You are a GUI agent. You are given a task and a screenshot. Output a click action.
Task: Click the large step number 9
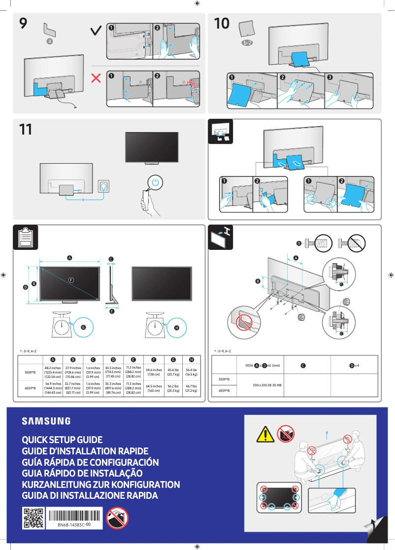coord(24,24)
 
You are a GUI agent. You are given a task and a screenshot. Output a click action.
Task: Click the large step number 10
coord(222,24)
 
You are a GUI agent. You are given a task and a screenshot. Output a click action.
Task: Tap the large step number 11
coord(26,130)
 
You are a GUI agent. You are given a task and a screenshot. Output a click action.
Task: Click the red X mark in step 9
coord(97,78)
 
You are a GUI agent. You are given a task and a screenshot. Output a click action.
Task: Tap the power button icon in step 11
coord(156,182)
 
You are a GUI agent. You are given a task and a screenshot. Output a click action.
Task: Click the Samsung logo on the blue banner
coord(46,421)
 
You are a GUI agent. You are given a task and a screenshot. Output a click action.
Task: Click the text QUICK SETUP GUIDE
coord(62,440)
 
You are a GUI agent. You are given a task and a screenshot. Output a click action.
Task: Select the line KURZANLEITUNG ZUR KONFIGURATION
coord(100,484)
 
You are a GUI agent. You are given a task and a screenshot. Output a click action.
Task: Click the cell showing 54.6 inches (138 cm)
coord(154,372)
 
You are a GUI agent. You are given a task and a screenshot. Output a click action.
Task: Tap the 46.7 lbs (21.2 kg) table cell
coord(192,388)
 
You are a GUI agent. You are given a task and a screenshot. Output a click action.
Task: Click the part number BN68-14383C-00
coord(73,525)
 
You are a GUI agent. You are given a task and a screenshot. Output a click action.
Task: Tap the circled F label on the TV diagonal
coord(71,280)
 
